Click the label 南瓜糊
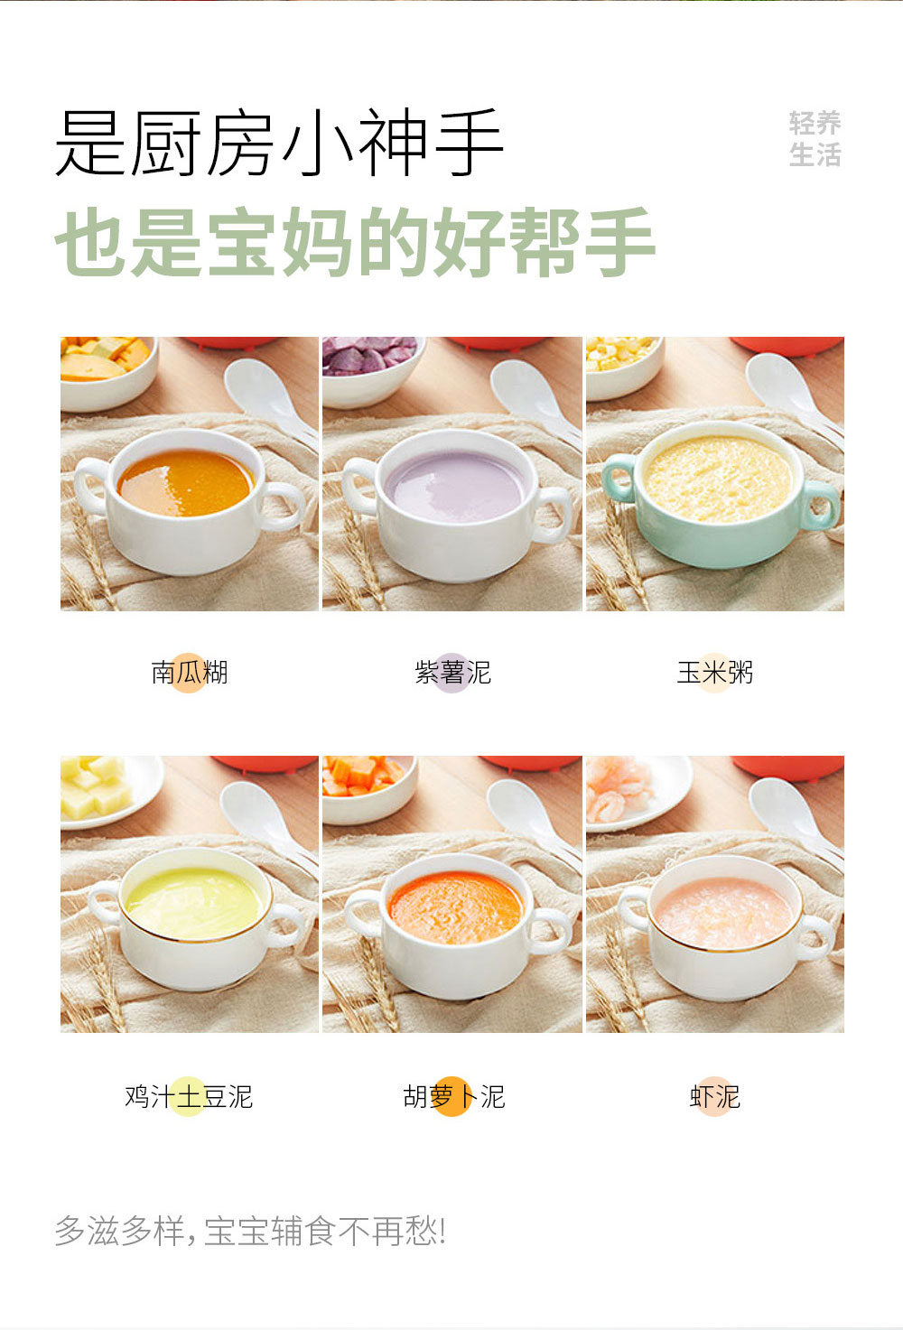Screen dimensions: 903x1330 pyautogui.click(x=190, y=673)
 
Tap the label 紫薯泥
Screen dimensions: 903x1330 pyautogui.click(x=452, y=673)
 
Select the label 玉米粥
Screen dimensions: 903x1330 pyautogui.click(x=715, y=673)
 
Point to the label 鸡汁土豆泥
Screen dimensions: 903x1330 pyautogui.click(x=189, y=1097)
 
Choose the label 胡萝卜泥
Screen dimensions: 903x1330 pyautogui.click(x=453, y=1097)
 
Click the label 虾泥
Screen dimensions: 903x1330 pyautogui.click(x=715, y=1097)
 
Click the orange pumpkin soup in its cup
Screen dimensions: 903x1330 pyautogui.click(x=185, y=482)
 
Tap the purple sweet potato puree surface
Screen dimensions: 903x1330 pyautogui.click(x=454, y=486)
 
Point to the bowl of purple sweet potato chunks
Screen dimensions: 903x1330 pyautogui.click(x=371, y=369)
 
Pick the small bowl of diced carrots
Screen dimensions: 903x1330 pyautogui.click(x=368, y=787)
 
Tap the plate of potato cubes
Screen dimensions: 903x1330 pyautogui.click(x=110, y=791)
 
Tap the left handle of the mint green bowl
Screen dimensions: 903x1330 pyautogui.click(x=619, y=479)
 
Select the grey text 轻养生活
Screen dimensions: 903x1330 pyautogui.click(x=815, y=138)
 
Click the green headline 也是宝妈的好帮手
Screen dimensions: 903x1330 pyautogui.click(x=355, y=242)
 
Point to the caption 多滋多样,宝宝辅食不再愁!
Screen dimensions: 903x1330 pyautogui.click(x=250, y=1231)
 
